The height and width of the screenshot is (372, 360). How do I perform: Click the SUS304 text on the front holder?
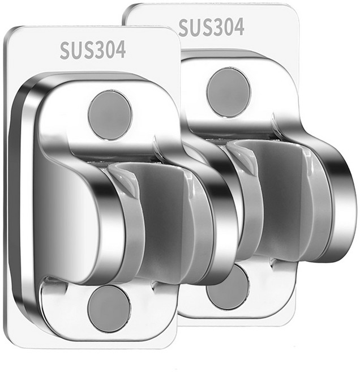click(x=92, y=50)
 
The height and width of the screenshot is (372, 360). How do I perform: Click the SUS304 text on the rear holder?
click(x=211, y=27)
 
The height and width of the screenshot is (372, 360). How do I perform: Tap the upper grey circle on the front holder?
click(x=110, y=115)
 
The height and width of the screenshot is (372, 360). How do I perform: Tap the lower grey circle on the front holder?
click(x=109, y=308)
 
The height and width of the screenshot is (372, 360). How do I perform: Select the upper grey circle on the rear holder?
click(x=228, y=92)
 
